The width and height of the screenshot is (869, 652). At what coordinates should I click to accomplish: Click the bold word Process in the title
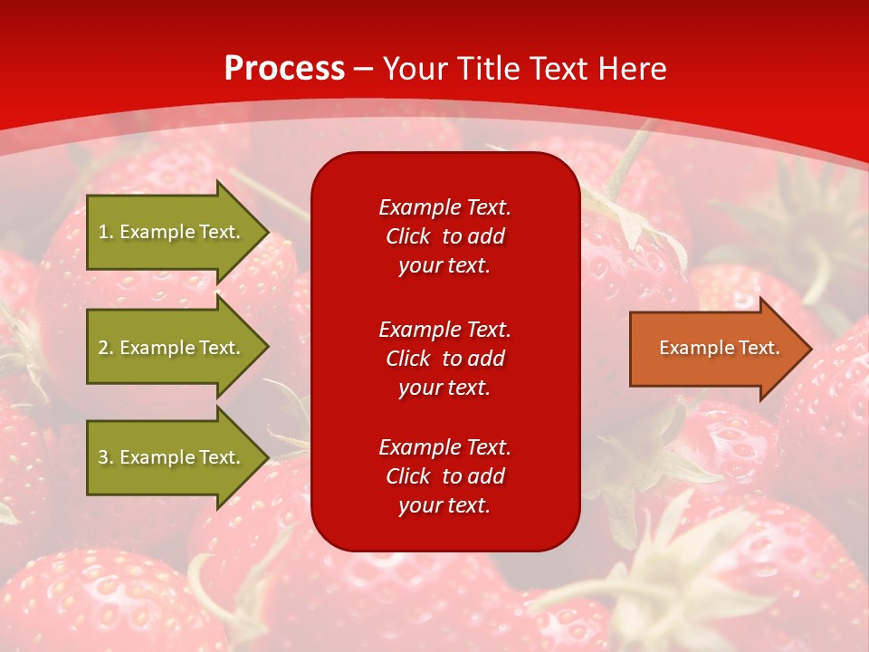pos(284,69)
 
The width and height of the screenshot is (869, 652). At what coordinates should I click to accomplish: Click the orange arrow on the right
pos(715,349)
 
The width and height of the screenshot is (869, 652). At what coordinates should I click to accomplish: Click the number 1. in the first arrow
pos(106,232)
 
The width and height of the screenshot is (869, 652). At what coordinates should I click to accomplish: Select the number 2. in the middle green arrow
pos(106,348)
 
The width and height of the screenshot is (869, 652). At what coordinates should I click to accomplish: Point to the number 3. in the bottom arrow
pos(106,457)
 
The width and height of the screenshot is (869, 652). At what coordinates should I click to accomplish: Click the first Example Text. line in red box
pos(444,207)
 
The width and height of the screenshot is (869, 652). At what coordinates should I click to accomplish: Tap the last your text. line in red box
pos(444,505)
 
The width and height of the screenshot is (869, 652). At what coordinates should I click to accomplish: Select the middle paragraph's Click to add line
pos(444,359)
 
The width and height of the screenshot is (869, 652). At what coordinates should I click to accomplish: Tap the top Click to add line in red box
pos(444,236)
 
